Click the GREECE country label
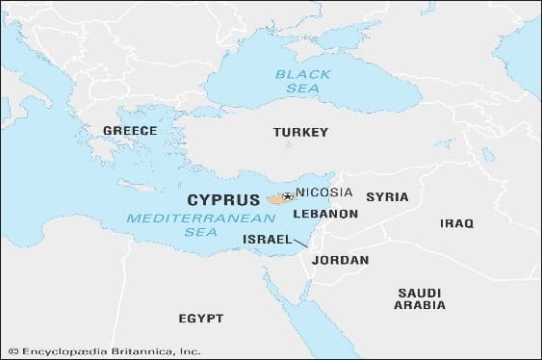130,130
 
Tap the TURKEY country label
300,132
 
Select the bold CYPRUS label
223,201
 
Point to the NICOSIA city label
324,192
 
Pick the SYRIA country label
388,196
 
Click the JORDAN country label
341,260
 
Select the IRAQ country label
457,223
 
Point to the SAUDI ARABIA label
420,297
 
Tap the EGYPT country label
200,318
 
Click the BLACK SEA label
302,80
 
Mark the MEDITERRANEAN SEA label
176,224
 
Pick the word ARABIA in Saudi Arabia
420,305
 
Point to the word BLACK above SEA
302,73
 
